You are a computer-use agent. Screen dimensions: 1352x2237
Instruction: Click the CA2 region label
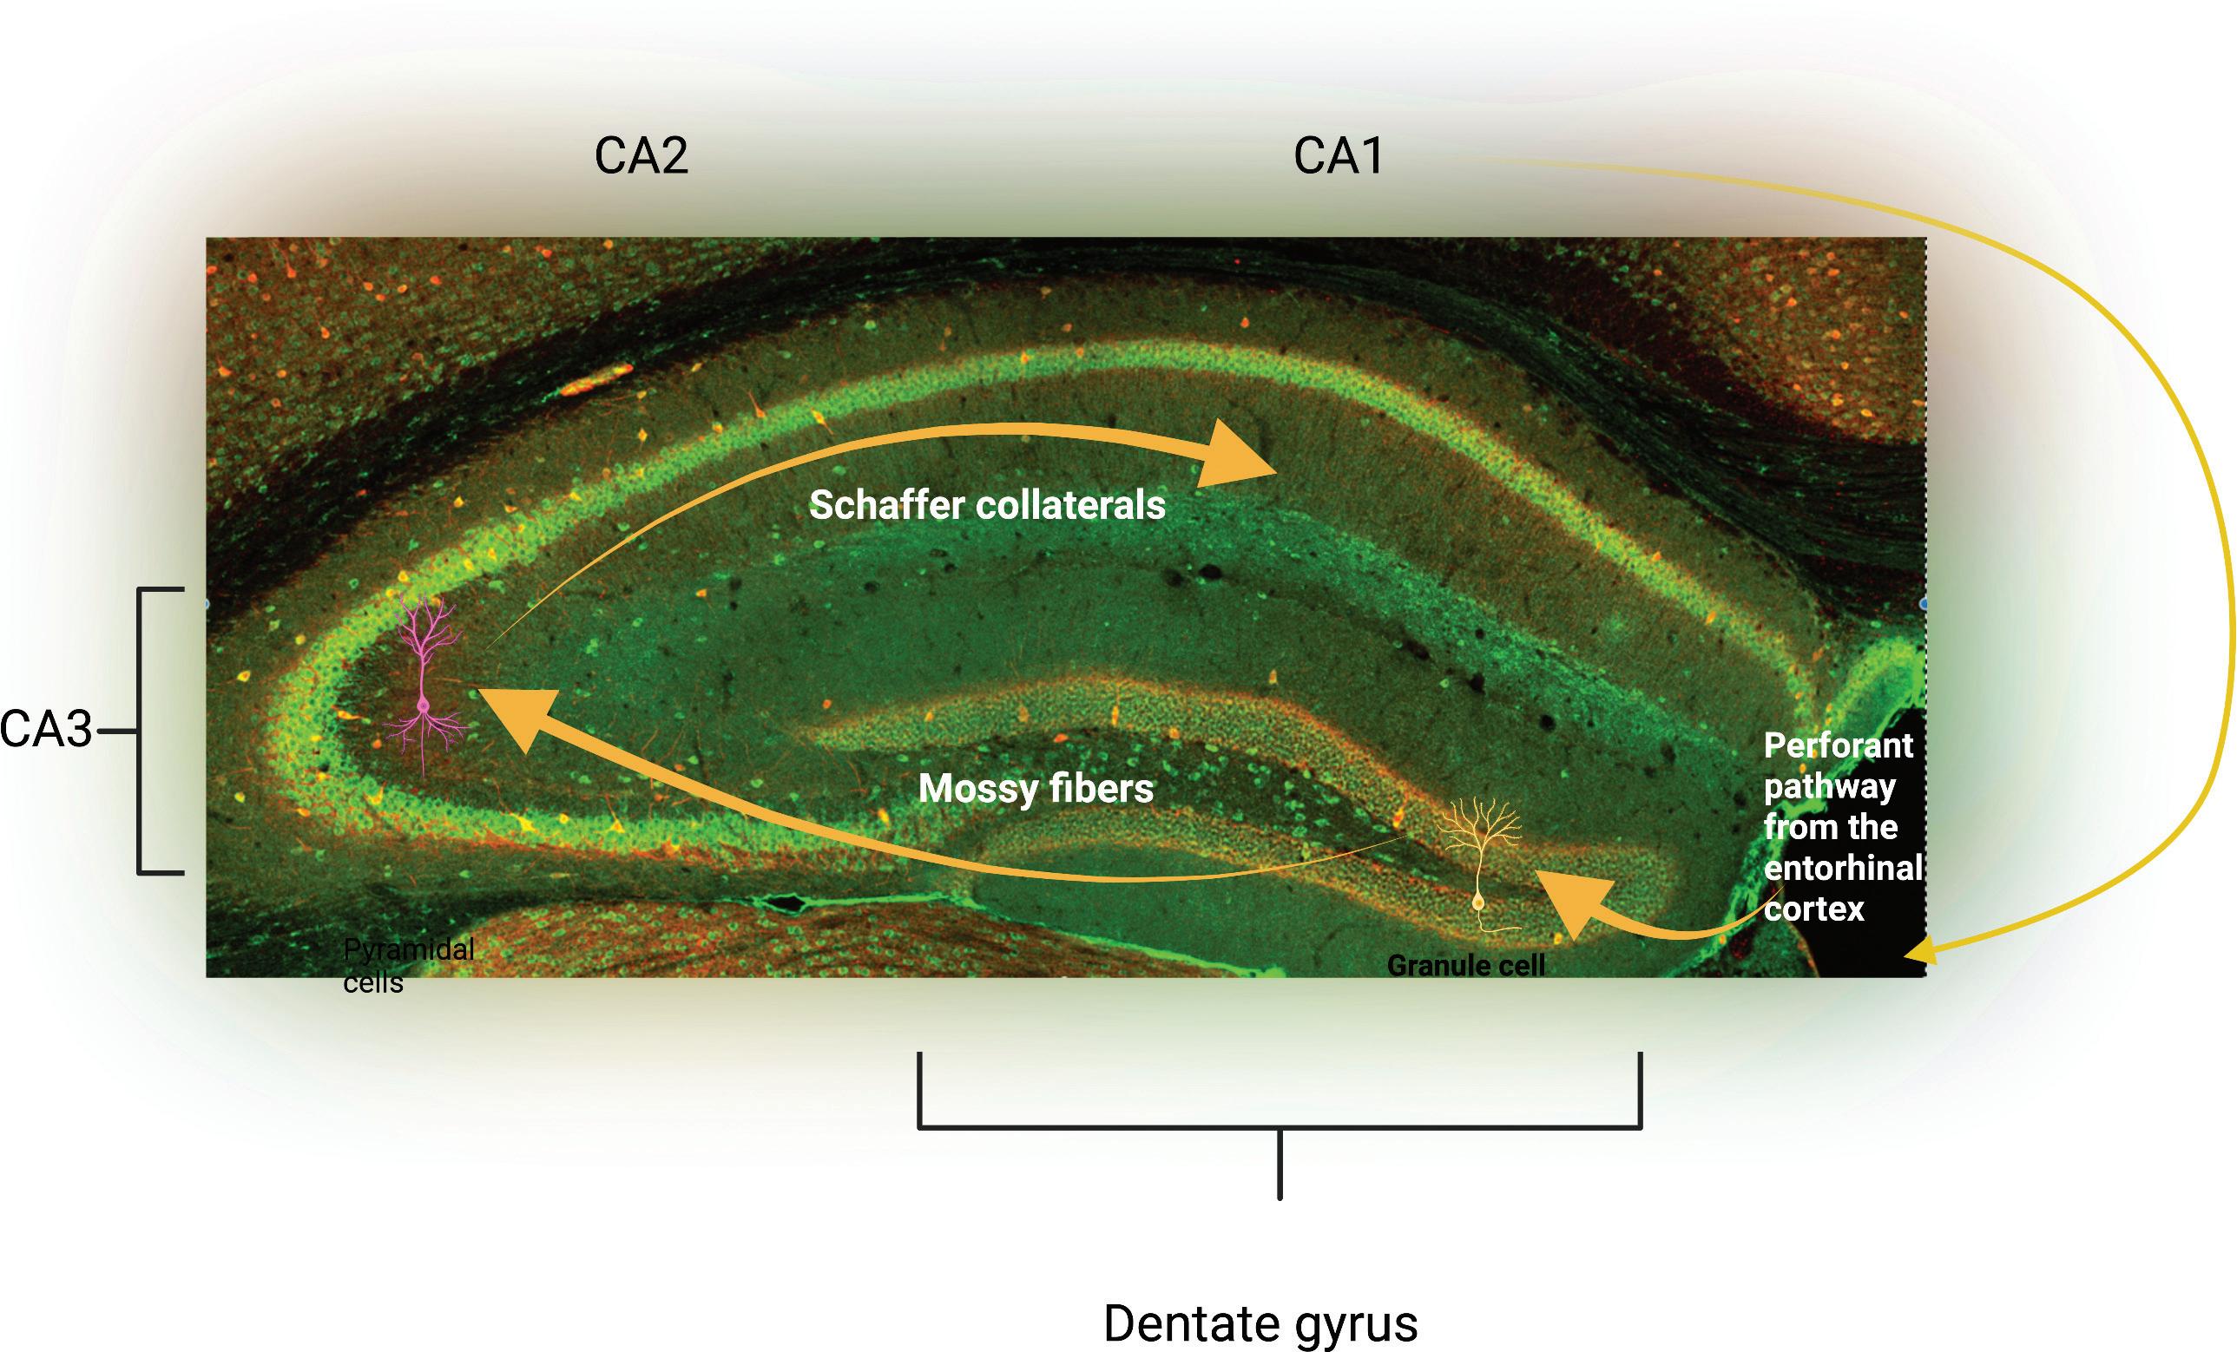click(x=641, y=156)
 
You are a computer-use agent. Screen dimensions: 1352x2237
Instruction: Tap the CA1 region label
click(x=1339, y=156)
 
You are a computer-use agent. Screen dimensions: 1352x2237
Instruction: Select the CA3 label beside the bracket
click(x=46, y=730)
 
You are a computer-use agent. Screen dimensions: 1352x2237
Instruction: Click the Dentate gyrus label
click(x=1260, y=1323)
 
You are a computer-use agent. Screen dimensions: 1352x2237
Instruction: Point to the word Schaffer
click(x=885, y=505)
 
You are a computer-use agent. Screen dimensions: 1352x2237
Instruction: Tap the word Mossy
click(x=974, y=789)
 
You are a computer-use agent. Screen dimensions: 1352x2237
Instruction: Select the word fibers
click(x=1097, y=789)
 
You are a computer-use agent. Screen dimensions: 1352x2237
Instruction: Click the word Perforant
click(x=1838, y=746)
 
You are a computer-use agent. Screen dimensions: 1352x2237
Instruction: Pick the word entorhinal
click(x=1843, y=869)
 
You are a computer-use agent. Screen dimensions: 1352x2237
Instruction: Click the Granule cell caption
click(x=1465, y=966)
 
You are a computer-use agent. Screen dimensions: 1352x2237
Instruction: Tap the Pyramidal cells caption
click(x=408, y=966)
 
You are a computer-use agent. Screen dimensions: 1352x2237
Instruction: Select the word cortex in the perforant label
click(x=1813, y=909)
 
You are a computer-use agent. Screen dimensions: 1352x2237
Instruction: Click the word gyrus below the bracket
click(x=1358, y=1325)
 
